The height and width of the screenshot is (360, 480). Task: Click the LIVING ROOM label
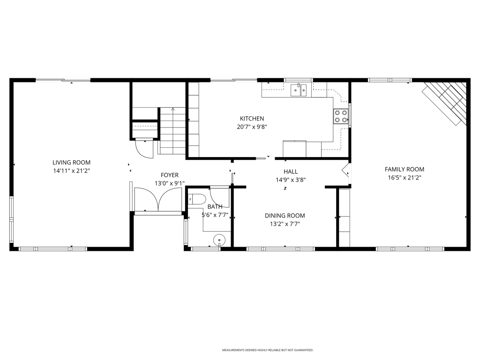point(71,163)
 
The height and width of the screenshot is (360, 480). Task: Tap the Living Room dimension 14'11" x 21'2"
point(71,171)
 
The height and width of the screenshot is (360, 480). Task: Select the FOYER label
point(169,175)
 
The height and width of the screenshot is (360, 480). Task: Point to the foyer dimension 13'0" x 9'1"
point(169,184)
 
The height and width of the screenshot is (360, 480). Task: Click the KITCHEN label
point(252,119)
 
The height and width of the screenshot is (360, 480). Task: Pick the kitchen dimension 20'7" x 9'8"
point(252,127)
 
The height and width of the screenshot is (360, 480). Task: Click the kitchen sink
point(298,90)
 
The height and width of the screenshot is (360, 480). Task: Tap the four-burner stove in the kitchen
point(340,116)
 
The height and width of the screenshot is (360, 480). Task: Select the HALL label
point(291,172)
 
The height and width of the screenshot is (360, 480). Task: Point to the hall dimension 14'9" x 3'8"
point(291,180)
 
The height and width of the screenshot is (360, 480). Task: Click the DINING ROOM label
point(285,216)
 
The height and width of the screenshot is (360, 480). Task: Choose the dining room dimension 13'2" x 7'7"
point(285,224)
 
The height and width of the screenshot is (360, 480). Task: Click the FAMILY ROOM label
point(404,169)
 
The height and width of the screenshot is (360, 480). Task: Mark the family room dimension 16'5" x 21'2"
point(404,178)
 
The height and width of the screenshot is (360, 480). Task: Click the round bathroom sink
point(219,240)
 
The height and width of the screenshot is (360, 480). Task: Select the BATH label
point(215,207)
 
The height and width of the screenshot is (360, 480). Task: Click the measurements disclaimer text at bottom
point(267,350)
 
